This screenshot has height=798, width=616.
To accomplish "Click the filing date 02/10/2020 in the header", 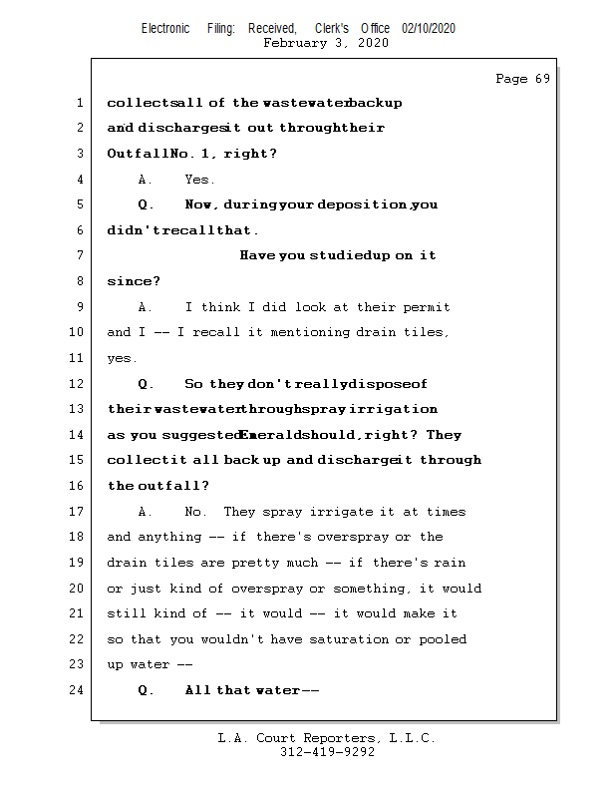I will [x=429, y=29].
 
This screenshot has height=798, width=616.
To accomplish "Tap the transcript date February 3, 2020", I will [x=326, y=43].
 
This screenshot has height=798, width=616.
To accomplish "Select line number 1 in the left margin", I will [x=80, y=103].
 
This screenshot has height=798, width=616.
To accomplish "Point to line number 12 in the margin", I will [x=77, y=383].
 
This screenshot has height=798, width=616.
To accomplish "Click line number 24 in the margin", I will [x=77, y=690].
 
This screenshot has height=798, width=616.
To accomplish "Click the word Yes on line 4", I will [x=198, y=180].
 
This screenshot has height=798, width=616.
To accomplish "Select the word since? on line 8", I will [x=133, y=282].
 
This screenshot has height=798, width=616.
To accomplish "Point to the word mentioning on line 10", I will [x=310, y=332].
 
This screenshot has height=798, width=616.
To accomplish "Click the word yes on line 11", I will [x=122, y=359].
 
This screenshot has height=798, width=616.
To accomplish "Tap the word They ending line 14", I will [x=444, y=435].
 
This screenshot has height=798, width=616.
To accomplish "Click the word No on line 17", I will [x=195, y=512].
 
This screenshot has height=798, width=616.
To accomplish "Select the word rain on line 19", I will [x=450, y=563].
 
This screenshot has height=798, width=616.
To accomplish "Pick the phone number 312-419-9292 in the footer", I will [x=327, y=752].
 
